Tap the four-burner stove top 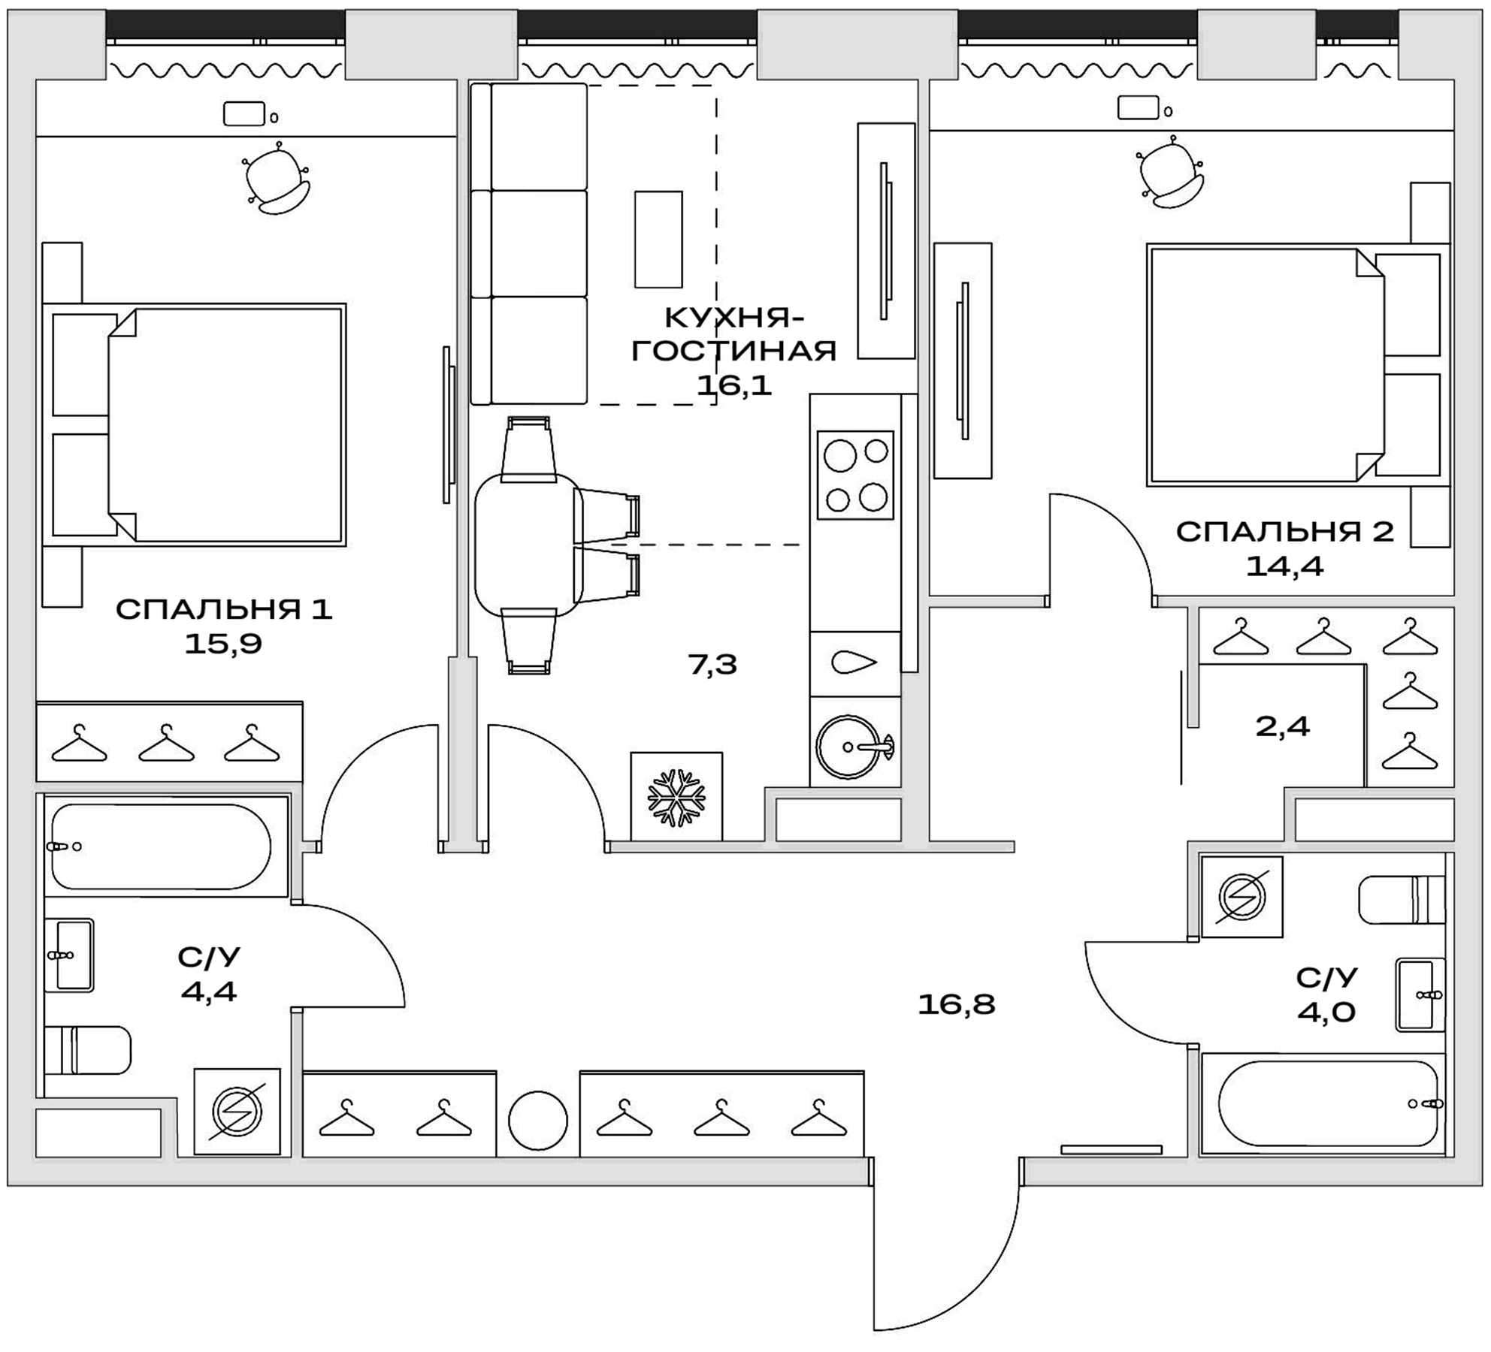855,475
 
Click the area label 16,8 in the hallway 956,1004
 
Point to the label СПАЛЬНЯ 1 224,609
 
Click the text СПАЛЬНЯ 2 1284,532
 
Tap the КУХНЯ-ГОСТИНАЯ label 733,334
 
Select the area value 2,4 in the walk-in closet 1282,726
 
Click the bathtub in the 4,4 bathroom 162,847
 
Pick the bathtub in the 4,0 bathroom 1327,1103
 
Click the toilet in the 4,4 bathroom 89,1049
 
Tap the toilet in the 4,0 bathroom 1401,900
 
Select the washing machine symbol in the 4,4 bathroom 237,1112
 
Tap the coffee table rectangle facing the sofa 658,239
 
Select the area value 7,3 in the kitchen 712,664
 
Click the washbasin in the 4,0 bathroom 1420,994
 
